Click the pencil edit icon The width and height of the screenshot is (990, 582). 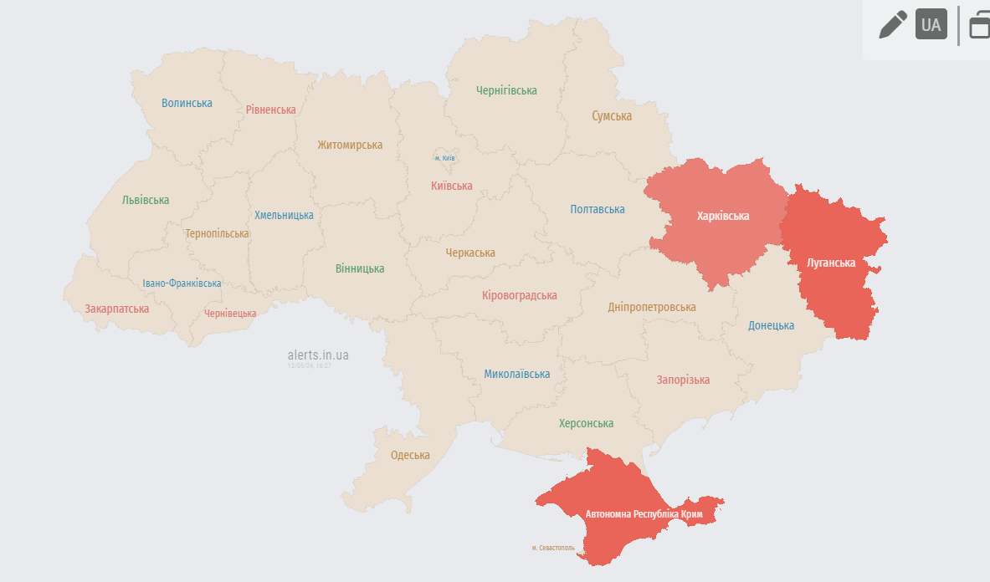point(893,24)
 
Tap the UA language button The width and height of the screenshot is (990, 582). point(931,24)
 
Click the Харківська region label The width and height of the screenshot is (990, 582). point(723,216)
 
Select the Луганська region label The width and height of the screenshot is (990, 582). point(830,263)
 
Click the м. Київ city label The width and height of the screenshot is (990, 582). point(444,158)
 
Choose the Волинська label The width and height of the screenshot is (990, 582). point(187,103)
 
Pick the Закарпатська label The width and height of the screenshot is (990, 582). point(117,309)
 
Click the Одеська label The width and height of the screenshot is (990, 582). point(410,455)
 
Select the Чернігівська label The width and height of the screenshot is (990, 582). point(506,90)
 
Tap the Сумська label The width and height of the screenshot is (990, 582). point(612,116)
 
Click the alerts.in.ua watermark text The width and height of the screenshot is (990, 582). point(318,355)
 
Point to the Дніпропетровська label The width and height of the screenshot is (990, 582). point(652,307)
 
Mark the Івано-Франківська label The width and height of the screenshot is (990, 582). point(182,283)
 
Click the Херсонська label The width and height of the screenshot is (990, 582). point(586,423)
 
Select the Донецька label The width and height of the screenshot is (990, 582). point(771,325)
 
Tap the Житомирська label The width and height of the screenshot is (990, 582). point(350,145)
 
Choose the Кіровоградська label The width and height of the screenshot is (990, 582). point(520,295)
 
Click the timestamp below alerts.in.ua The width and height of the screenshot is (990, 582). point(310,366)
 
